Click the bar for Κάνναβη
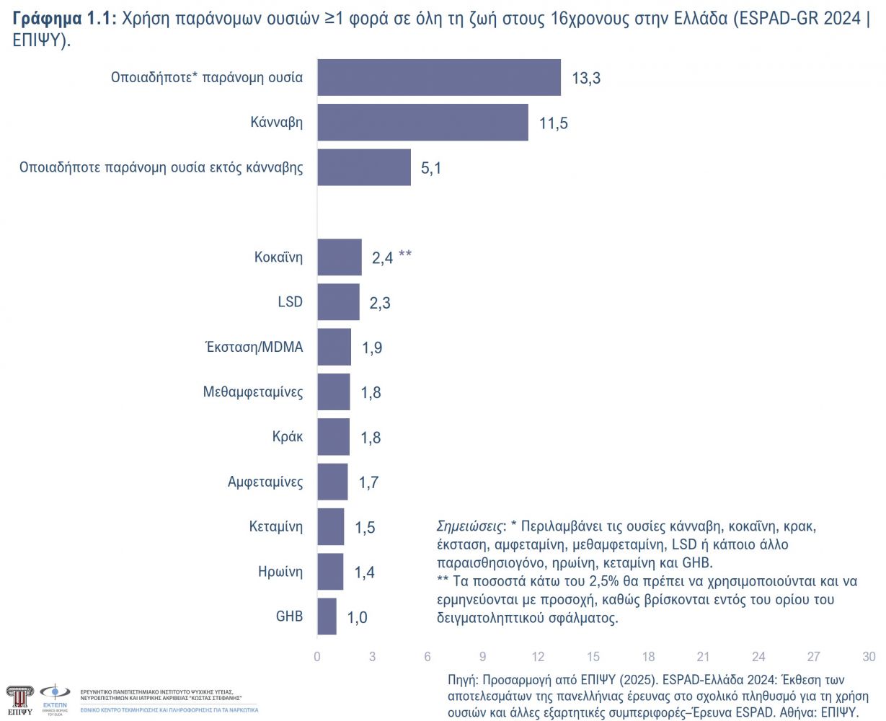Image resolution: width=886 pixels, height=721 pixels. pyautogui.click(x=422, y=123)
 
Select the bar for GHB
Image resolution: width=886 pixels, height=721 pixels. pyautogui.click(x=327, y=616)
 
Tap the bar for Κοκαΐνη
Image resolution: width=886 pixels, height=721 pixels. pyautogui.click(x=340, y=257)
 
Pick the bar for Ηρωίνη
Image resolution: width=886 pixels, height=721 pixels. pyautogui.click(x=330, y=572)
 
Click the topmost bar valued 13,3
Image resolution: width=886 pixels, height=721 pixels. pyautogui.click(x=439, y=77)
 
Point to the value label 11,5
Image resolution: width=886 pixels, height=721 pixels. pyautogui.click(x=554, y=123)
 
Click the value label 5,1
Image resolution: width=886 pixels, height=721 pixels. pyautogui.click(x=431, y=168)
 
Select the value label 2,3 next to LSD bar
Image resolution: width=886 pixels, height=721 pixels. pyautogui.click(x=380, y=303)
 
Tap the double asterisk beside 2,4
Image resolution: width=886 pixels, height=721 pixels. pyautogui.click(x=405, y=255)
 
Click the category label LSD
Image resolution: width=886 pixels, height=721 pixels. pyautogui.click(x=290, y=302)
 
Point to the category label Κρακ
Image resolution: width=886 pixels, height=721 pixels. pyautogui.click(x=288, y=437)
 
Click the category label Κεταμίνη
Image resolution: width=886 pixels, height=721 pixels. pyautogui.click(x=276, y=526)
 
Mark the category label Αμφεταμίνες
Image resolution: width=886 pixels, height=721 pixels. pyautogui.click(x=265, y=482)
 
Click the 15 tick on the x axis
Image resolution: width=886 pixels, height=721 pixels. pyautogui.click(x=593, y=657)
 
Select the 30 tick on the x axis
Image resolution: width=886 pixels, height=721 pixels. pyautogui.click(x=869, y=657)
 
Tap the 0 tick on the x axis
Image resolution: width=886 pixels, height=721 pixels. pyautogui.click(x=317, y=657)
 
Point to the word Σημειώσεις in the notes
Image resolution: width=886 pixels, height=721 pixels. pyautogui.click(x=471, y=526)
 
